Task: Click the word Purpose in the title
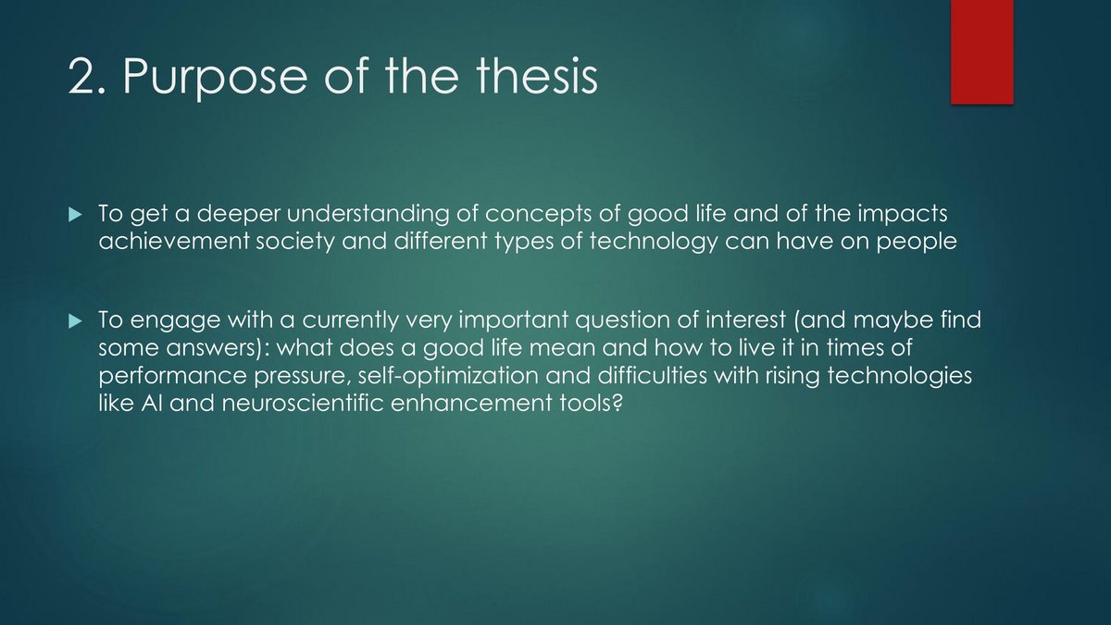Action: (x=215, y=78)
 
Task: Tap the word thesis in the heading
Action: (x=537, y=75)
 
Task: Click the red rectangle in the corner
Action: (x=982, y=52)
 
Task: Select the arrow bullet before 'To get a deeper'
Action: (x=75, y=214)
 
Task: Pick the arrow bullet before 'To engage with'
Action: (x=75, y=321)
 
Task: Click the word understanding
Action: (x=368, y=214)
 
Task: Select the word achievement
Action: (x=174, y=242)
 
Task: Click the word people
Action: (x=917, y=243)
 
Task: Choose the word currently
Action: (x=350, y=320)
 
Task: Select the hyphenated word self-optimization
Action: (x=448, y=376)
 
